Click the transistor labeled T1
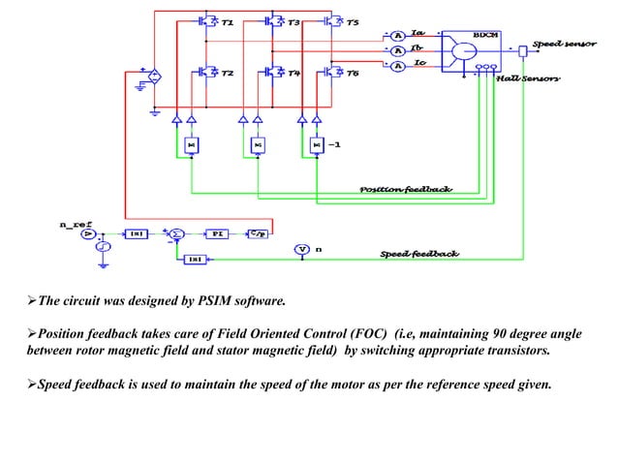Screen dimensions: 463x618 (x=207, y=20)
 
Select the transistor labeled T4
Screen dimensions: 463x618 (x=273, y=72)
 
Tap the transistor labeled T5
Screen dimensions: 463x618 (x=332, y=20)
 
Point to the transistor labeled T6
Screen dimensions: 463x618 (x=332, y=72)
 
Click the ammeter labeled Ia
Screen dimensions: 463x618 (x=395, y=31)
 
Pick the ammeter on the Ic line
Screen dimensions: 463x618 (x=395, y=66)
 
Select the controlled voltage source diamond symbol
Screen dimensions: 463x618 (x=154, y=75)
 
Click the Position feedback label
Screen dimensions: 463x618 (x=406, y=189)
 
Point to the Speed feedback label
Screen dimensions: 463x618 (x=418, y=254)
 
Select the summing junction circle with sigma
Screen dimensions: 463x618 (x=177, y=234)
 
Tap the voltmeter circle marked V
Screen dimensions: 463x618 (x=301, y=250)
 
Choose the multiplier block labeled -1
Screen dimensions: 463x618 (x=316, y=145)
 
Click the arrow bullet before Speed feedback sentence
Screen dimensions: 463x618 (x=33, y=385)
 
